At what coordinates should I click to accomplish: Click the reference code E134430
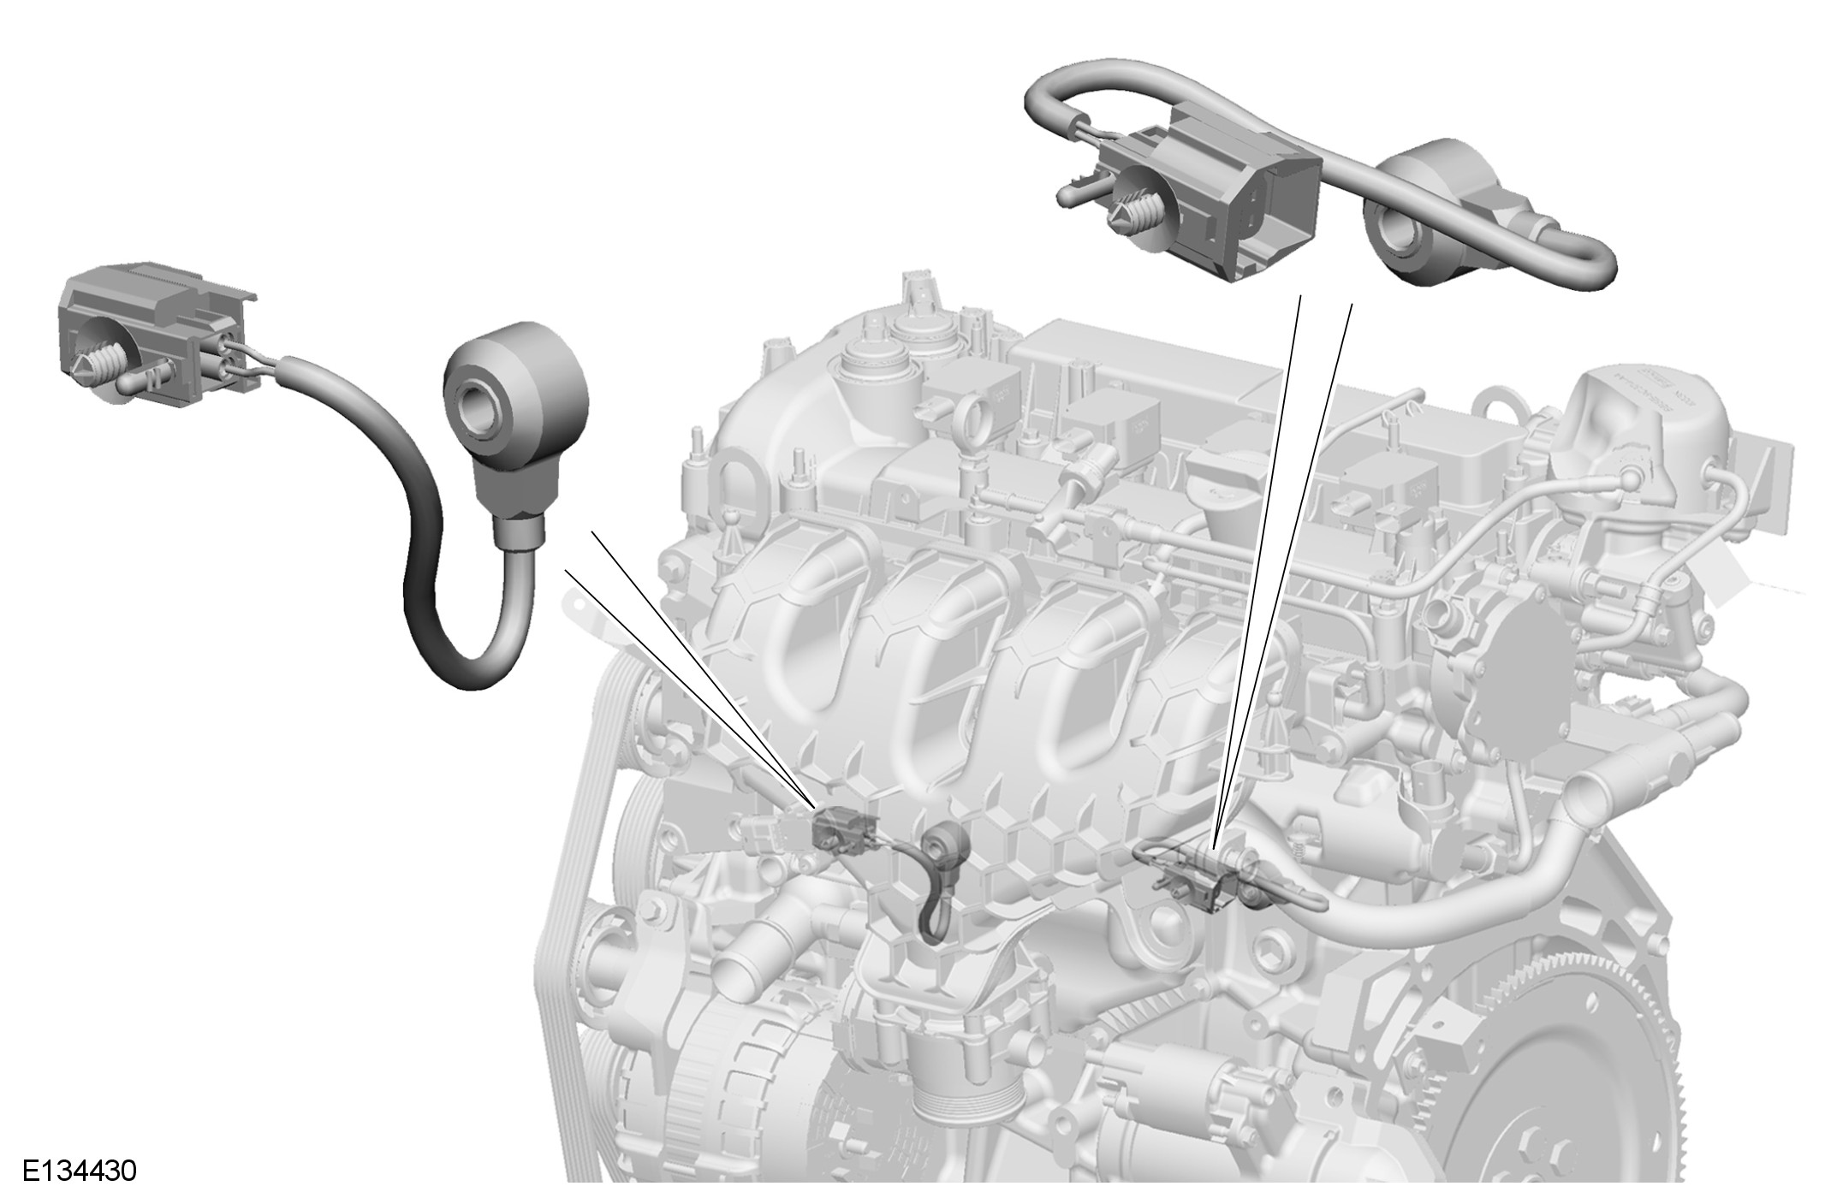pyautogui.click(x=80, y=1171)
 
